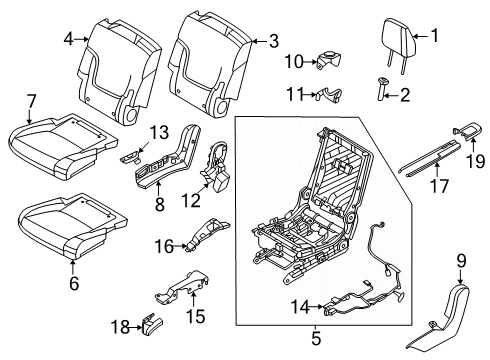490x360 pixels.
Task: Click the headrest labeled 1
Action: click(399, 37)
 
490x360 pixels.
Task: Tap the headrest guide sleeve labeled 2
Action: click(381, 88)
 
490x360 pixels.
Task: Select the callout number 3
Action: click(274, 41)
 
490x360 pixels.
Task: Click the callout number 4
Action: click(68, 40)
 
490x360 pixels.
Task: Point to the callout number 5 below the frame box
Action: click(316, 338)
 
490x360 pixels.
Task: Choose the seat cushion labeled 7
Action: click(63, 147)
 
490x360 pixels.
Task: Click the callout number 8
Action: click(160, 204)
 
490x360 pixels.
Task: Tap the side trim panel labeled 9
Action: click(440, 320)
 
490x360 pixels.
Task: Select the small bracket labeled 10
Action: click(329, 60)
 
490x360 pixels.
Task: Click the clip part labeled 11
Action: click(329, 94)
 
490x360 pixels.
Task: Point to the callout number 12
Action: click(191, 201)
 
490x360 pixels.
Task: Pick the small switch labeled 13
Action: click(130, 157)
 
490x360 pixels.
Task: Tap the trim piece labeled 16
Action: click(207, 235)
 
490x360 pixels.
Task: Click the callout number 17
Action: click(440, 186)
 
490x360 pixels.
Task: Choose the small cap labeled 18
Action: click(153, 324)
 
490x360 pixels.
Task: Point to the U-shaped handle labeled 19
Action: click(467, 131)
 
